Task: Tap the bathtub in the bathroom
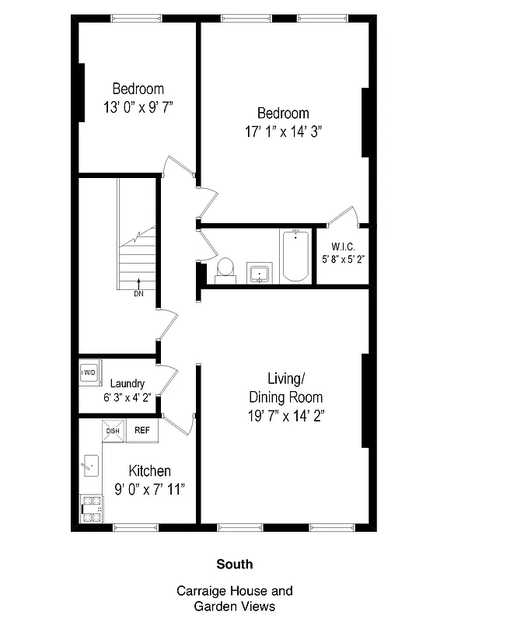(x=295, y=255)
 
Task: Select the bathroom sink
(x=260, y=273)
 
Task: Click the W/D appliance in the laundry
(x=89, y=372)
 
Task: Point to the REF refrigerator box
(x=143, y=430)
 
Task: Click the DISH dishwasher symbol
(x=113, y=431)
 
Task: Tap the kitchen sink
(x=90, y=466)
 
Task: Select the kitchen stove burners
(x=91, y=509)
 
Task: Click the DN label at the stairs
(x=138, y=294)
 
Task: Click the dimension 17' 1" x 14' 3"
(x=283, y=132)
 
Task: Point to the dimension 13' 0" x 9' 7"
(x=138, y=107)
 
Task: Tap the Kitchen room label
(x=149, y=471)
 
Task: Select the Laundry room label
(x=128, y=383)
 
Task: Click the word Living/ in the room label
(x=286, y=379)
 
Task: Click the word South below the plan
(x=234, y=564)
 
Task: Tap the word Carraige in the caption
(x=203, y=591)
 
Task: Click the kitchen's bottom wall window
(x=137, y=528)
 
